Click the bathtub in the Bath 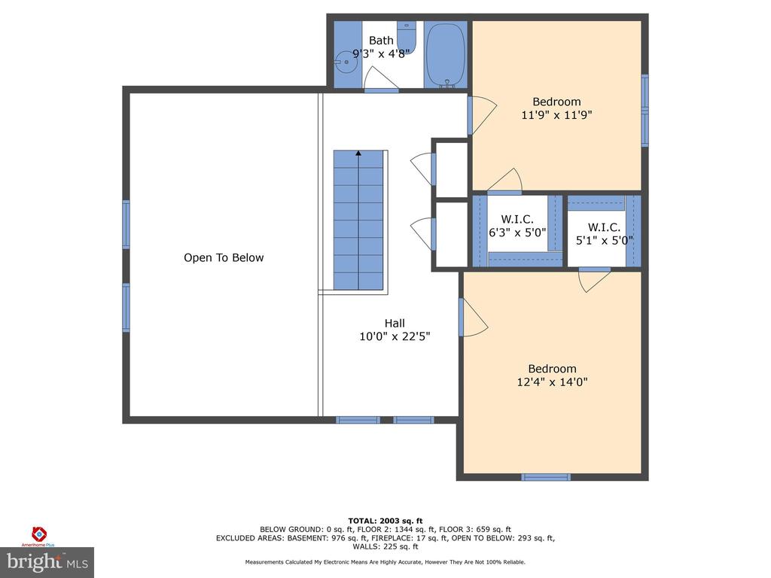click(x=446, y=54)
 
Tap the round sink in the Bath click(x=346, y=62)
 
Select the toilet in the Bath click(x=407, y=38)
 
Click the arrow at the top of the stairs click(x=358, y=154)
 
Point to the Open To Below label click(x=224, y=257)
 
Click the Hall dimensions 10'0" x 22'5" click(x=395, y=336)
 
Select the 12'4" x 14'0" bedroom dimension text click(x=552, y=382)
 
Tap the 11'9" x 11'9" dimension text click(x=556, y=115)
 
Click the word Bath click(x=381, y=41)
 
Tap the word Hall click(x=395, y=323)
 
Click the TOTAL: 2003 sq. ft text click(x=385, y=521)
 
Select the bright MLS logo click(x=47, y=562)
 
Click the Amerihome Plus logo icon click(x=39, y=534)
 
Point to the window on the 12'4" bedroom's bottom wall click(x=546, y=476)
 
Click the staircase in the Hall click(x=358, y=221)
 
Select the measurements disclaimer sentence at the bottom click(x=385, y=561)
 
